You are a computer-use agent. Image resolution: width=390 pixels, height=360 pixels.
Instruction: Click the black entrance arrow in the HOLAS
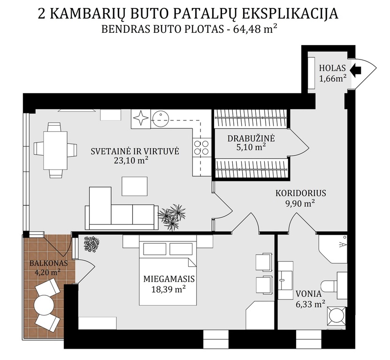tap(355, 69)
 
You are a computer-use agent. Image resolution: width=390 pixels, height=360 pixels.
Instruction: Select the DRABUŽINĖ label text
tap(251, 138)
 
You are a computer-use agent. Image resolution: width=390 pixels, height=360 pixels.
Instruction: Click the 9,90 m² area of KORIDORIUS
tap(300, 203)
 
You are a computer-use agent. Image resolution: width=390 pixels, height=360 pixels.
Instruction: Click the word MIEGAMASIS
tap(169, 279)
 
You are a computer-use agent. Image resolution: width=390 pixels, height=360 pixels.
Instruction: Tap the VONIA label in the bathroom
tap(308, 294)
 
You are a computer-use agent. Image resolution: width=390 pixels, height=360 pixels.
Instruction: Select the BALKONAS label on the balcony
tap(48, 263)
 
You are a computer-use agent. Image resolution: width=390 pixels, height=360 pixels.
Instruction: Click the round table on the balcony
tap(44, 305)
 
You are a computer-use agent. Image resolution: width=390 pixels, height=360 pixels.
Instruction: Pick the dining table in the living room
tap(55, 150)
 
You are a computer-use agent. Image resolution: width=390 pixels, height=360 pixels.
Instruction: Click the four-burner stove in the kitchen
tap(201, 147)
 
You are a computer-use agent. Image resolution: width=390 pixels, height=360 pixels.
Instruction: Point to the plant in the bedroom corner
tap(92, 245)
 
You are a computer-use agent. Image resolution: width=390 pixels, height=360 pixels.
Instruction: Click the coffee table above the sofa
tap(134, 186)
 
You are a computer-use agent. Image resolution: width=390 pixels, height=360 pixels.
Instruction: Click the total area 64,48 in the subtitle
tap(245, 30)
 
